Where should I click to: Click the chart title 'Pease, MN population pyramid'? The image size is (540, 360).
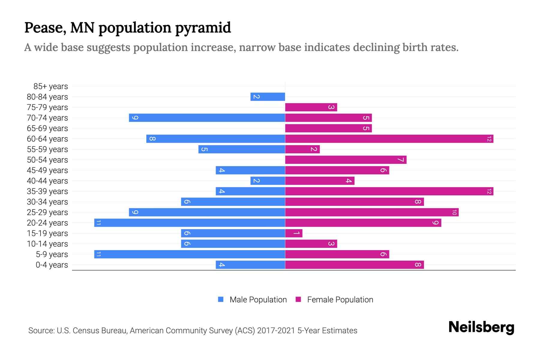[x=127, y=28]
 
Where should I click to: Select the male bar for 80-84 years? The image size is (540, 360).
[x=268, y=97]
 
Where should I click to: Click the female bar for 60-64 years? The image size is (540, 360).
[x=389, y=139]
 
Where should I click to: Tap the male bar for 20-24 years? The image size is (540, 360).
[x=190, y=223]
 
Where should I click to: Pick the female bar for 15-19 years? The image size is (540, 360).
[x=294, y=233]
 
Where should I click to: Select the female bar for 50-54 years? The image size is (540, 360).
[x=346, y=160]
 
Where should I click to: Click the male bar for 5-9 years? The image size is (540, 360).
[x=190, y=254]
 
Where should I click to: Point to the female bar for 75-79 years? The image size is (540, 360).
[x=311, y=107]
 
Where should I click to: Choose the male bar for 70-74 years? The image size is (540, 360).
[x=207, y=118]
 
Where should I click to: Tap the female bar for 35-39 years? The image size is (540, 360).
[x=389, y=191]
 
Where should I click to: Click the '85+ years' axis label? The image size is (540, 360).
[x=51, y=86]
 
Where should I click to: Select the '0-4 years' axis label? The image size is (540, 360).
[x=52, y=265]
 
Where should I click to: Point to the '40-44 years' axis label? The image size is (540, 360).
[x=47, y=181]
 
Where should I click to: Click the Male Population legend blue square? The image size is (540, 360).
[x=221, y=299]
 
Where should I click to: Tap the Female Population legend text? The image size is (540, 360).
[x=340, y=300]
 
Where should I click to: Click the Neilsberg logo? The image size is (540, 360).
[x=481, y=327]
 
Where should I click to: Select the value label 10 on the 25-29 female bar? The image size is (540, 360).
[x=454, y=212]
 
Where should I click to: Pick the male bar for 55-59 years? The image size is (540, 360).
[x=241, y=149]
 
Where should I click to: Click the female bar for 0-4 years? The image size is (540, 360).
[x=354, y=265]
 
